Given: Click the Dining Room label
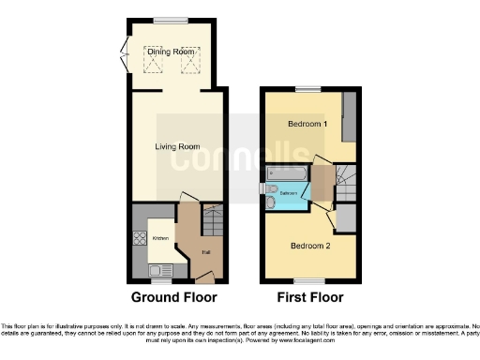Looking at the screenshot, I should click(x=172, y=52).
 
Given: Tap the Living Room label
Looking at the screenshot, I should click(x=177, y=146).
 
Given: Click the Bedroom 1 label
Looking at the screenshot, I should click(x=306, y=124).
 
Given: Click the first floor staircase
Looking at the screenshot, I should click(x=346, y=179).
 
